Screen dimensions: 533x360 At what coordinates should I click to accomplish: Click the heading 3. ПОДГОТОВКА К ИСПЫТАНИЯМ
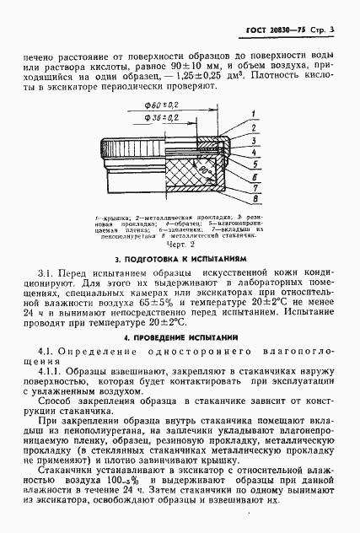coord(180,261)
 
